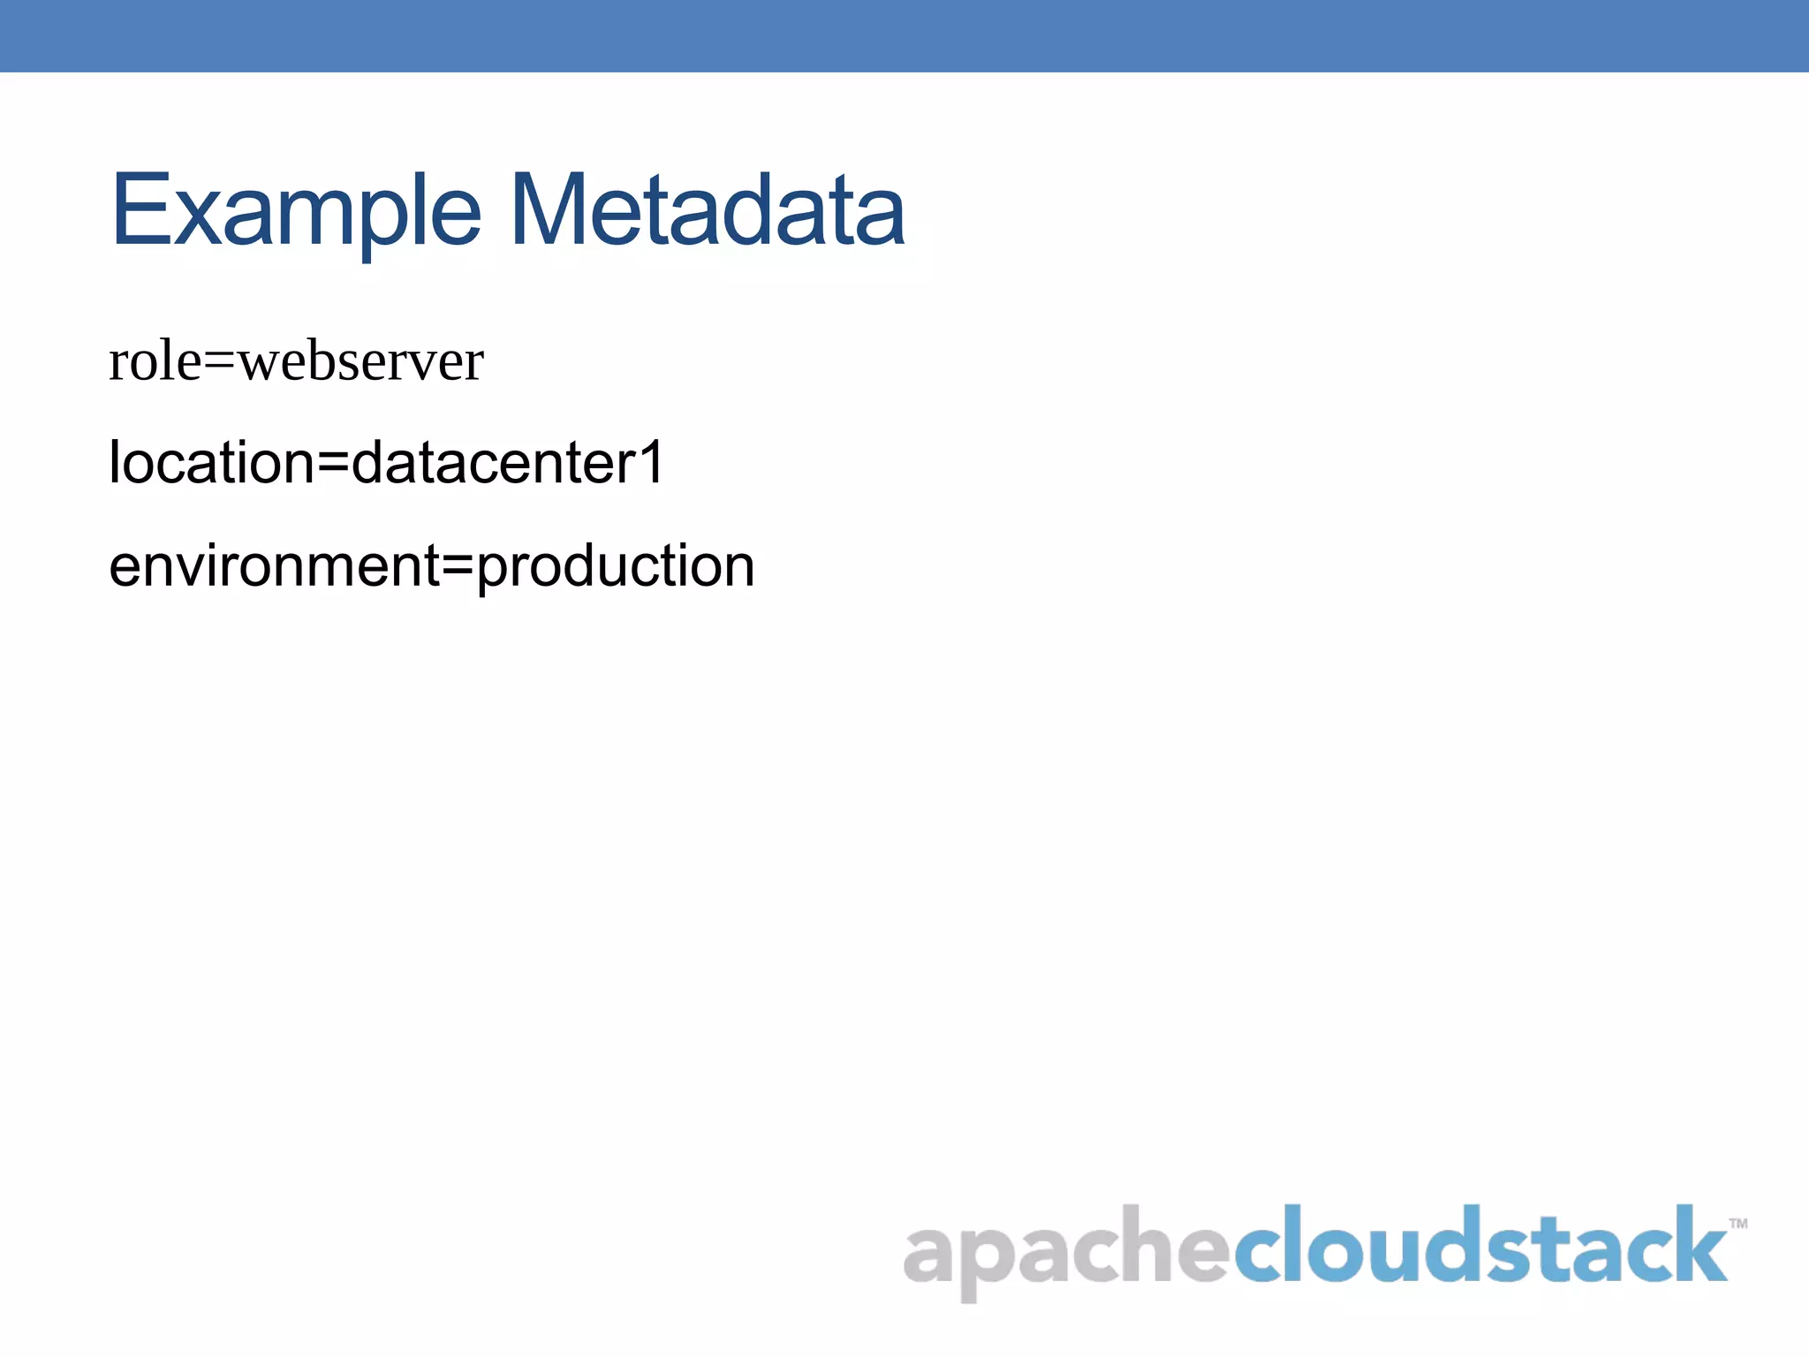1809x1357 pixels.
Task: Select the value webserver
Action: [361, 362]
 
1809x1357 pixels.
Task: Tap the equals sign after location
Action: [333, 465]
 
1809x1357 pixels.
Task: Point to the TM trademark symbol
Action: [1737, 1224]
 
